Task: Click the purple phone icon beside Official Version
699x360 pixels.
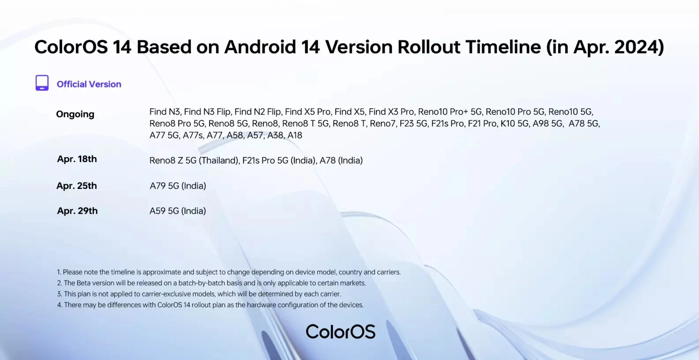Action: (x=42, y=83)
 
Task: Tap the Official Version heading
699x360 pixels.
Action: (x=89, y=84)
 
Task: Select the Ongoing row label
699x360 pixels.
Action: (x=75, y=114)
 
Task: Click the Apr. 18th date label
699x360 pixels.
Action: (x=77, y=159)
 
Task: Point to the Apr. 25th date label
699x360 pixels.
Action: (x=76, y=186)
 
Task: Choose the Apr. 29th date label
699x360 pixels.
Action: (x=77, y=211)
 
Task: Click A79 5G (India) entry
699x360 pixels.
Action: (x=178, y=186)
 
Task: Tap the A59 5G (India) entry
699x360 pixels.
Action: (x=177, y=211)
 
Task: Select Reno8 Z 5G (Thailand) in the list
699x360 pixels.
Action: (x=194, y=160)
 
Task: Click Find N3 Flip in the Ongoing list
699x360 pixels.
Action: (x=207, y=112)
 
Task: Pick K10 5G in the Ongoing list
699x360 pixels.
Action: (x=515, y=124)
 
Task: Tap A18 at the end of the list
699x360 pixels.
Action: (x=295, y=135)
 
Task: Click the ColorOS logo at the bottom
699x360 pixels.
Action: (x=340, y=331)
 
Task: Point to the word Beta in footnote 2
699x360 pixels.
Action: (x=83, y=283)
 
